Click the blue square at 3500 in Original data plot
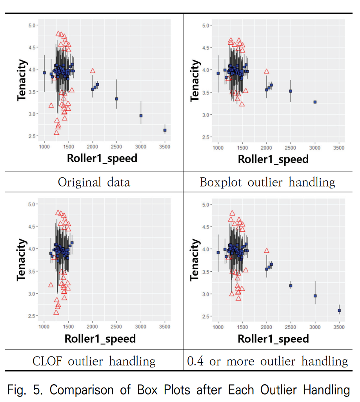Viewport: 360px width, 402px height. [x=165, y=130]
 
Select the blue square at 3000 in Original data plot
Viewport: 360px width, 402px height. [x=141, y=116]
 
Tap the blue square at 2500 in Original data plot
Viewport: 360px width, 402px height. [x=116, y=99]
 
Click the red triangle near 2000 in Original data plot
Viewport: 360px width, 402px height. [x=93, y=71]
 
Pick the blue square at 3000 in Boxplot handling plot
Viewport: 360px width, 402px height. [x=315, y=102]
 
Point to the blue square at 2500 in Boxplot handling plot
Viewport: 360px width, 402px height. [x=291, y=91]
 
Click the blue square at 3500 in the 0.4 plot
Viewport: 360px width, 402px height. [x=339, y=311]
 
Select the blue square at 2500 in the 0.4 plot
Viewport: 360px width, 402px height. [x=291, y=286]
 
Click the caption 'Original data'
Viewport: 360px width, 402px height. [x=94, y=182]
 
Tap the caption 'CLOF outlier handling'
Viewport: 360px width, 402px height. [x=94, y=361]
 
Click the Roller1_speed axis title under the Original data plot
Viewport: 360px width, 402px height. [x=102, y=158]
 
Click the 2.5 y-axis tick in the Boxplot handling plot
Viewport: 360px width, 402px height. [x=207, y=137]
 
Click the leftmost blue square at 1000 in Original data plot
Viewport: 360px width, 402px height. [x=44, y=73]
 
